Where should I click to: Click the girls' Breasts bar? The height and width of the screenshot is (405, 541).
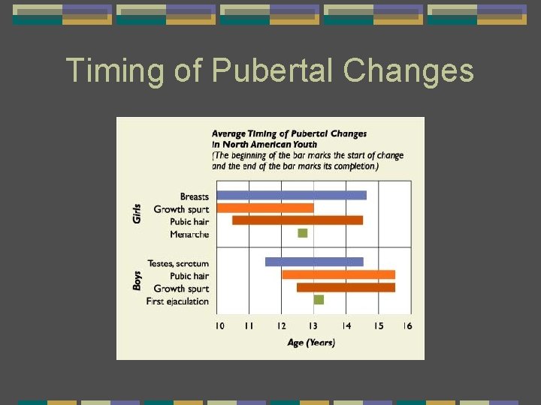[292, 195]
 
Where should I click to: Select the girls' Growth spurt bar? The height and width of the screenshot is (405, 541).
[265, 208]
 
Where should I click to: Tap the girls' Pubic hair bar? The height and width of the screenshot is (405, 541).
[298, 220]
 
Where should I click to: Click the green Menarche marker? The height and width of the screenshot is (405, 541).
[303, 233]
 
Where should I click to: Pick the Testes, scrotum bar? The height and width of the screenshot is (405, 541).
[314, 262]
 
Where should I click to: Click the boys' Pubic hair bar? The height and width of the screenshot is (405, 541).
[338, 274]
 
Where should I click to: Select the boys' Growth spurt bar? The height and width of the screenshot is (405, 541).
[346, 287]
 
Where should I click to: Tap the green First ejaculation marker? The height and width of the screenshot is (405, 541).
[319, 300]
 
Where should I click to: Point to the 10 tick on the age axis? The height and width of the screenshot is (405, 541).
[219, 325]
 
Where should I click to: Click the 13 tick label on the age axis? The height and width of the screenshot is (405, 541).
[313, 325]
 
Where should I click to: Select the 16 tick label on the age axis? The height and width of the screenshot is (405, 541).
[407, 325]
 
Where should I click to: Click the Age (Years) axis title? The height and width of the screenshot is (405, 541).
[311, 343]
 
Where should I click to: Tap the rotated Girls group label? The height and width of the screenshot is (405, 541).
[137, 213]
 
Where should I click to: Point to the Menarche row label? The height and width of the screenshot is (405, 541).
[189, 235]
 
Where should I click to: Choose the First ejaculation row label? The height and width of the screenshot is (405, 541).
[177, 301]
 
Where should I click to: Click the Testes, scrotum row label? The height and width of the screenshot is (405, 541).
[178, 263]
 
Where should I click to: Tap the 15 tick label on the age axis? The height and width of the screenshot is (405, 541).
[379, 325]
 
